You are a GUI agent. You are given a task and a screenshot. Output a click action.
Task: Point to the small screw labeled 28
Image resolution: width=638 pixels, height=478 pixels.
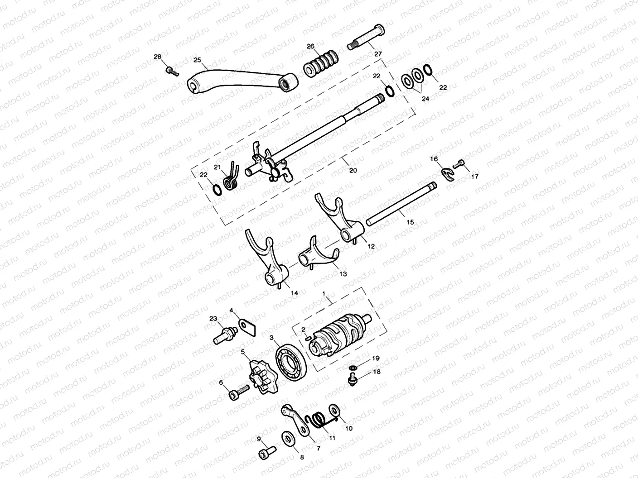point(170,70)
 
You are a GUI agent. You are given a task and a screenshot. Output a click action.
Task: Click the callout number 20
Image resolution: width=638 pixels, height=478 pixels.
point(353,170)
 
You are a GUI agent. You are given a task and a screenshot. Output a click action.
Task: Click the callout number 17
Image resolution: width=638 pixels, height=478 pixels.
point(474,177)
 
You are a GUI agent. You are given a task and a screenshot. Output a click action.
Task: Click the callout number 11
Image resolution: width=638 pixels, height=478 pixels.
point(332,438)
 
